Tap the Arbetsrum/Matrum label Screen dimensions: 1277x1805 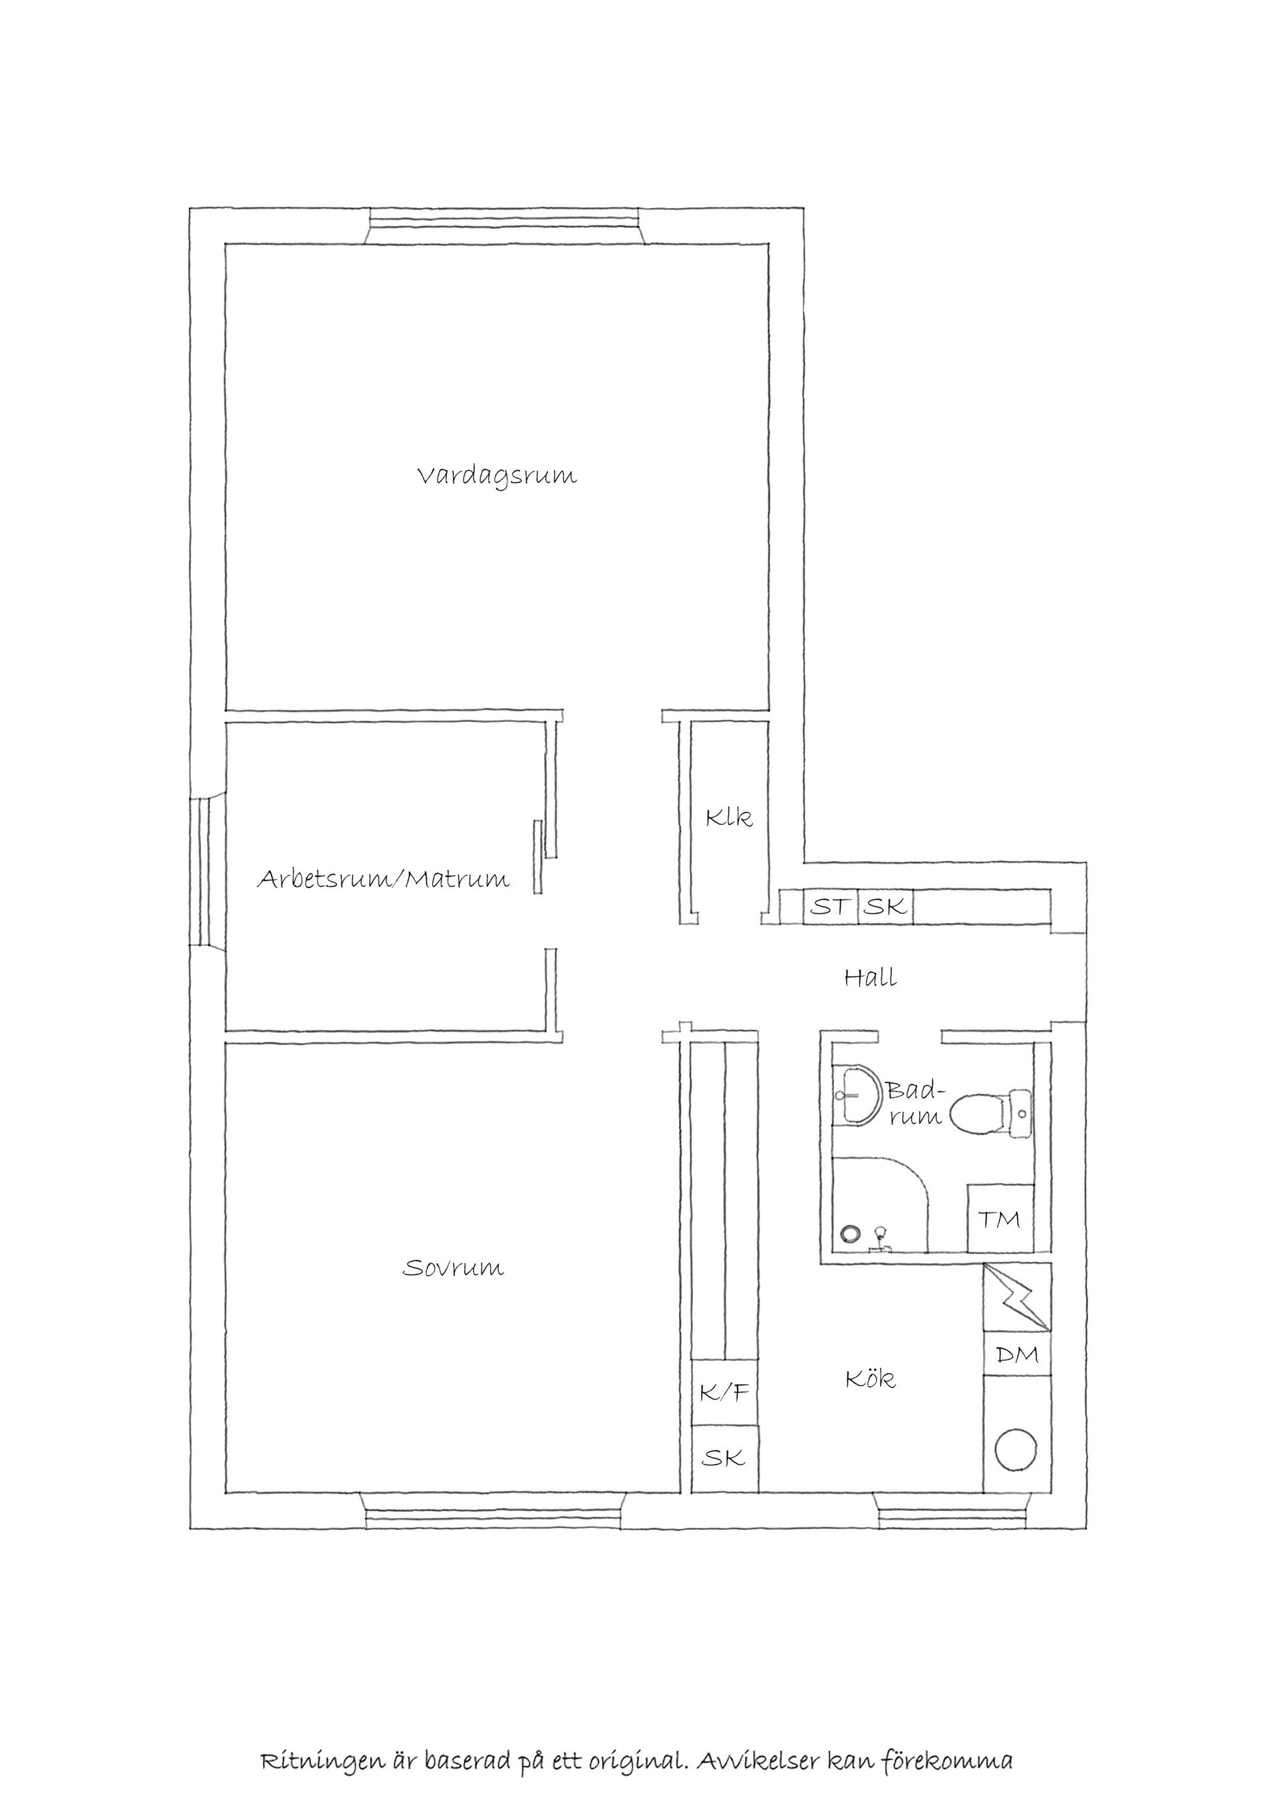[384, 878]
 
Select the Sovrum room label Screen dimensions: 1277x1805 [454, 1268]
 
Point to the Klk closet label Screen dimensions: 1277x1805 [728, 817]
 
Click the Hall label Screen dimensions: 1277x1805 [871, 978]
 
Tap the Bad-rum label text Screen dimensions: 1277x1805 [915, 1103]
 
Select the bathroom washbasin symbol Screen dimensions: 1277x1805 [860, 1096]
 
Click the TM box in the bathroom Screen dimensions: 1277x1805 [1000, 1219]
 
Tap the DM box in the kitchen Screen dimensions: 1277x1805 [1018, 1354]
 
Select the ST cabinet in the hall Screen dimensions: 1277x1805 [830, 906]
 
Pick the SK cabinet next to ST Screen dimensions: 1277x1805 [885, 906]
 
